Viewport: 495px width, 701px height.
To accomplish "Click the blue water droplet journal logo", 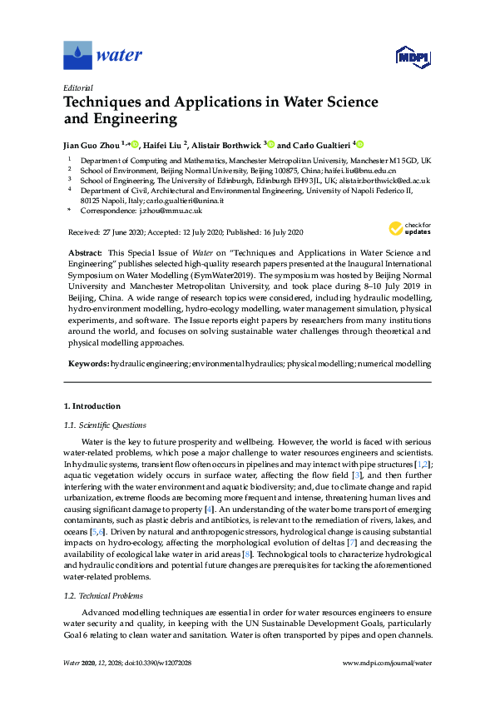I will (x=77, y=56).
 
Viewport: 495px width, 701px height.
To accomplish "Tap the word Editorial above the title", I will (x=78, y=87).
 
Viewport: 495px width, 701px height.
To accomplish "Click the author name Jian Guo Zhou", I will (x=92, y=144).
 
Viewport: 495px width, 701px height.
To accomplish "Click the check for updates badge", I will (x=410, y=229).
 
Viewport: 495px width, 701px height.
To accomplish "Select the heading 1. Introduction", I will (x=92, y=405).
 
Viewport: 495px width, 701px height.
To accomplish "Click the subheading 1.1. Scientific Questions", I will (x=106, y=425).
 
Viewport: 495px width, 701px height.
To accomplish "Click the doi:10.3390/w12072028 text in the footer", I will (x=158, y=686).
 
